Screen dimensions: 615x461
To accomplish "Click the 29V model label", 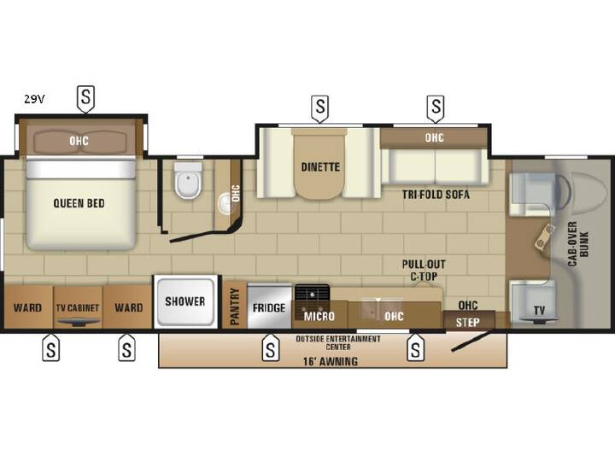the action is pos(34,99).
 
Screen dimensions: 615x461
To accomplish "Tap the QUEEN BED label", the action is pos(79,203).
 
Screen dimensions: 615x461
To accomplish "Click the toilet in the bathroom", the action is pos(188,181).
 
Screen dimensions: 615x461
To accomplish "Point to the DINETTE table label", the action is pos(320,167).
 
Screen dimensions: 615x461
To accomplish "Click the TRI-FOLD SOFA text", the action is pos(436,195).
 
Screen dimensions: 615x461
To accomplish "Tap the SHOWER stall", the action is pos(185,301).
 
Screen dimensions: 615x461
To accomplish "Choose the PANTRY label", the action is pos(235,306).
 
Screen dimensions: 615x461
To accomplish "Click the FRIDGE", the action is pos(269,306).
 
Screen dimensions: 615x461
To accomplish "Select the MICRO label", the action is pos(319,316).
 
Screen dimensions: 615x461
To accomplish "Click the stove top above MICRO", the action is pos(312,293).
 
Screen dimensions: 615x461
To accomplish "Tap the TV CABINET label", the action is pos(77,307).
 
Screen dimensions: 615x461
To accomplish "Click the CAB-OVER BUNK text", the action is pos(578,244).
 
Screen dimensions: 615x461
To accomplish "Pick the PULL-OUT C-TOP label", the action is pos(424,270).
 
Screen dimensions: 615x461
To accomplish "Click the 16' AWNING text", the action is pos(331,361).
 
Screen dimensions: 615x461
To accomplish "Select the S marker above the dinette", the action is pos(320,107).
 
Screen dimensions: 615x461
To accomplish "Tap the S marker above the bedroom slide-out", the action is pos(85,97).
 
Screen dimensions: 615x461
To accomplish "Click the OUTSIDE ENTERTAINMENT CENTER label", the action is pos(338,342).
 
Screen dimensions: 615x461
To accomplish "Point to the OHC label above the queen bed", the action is pos(79,141).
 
